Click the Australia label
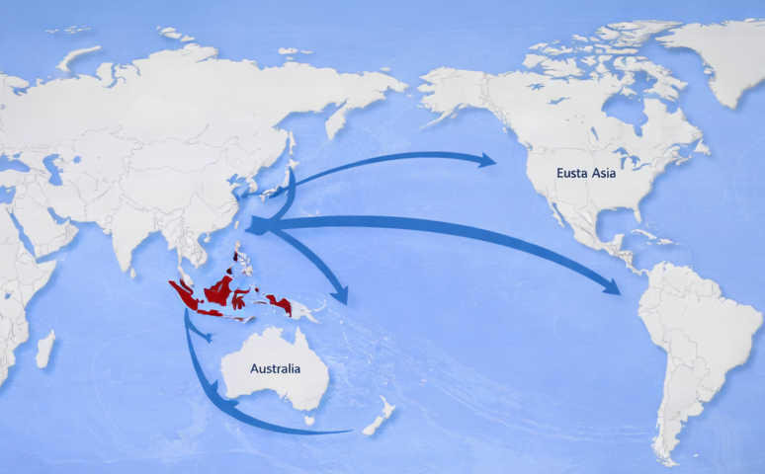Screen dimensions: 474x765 click(275, 369)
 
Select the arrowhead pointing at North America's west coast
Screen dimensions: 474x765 click(486, 159)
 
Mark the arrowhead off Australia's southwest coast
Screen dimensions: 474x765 click(226, 407)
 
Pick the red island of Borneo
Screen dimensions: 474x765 click(218, 288)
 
